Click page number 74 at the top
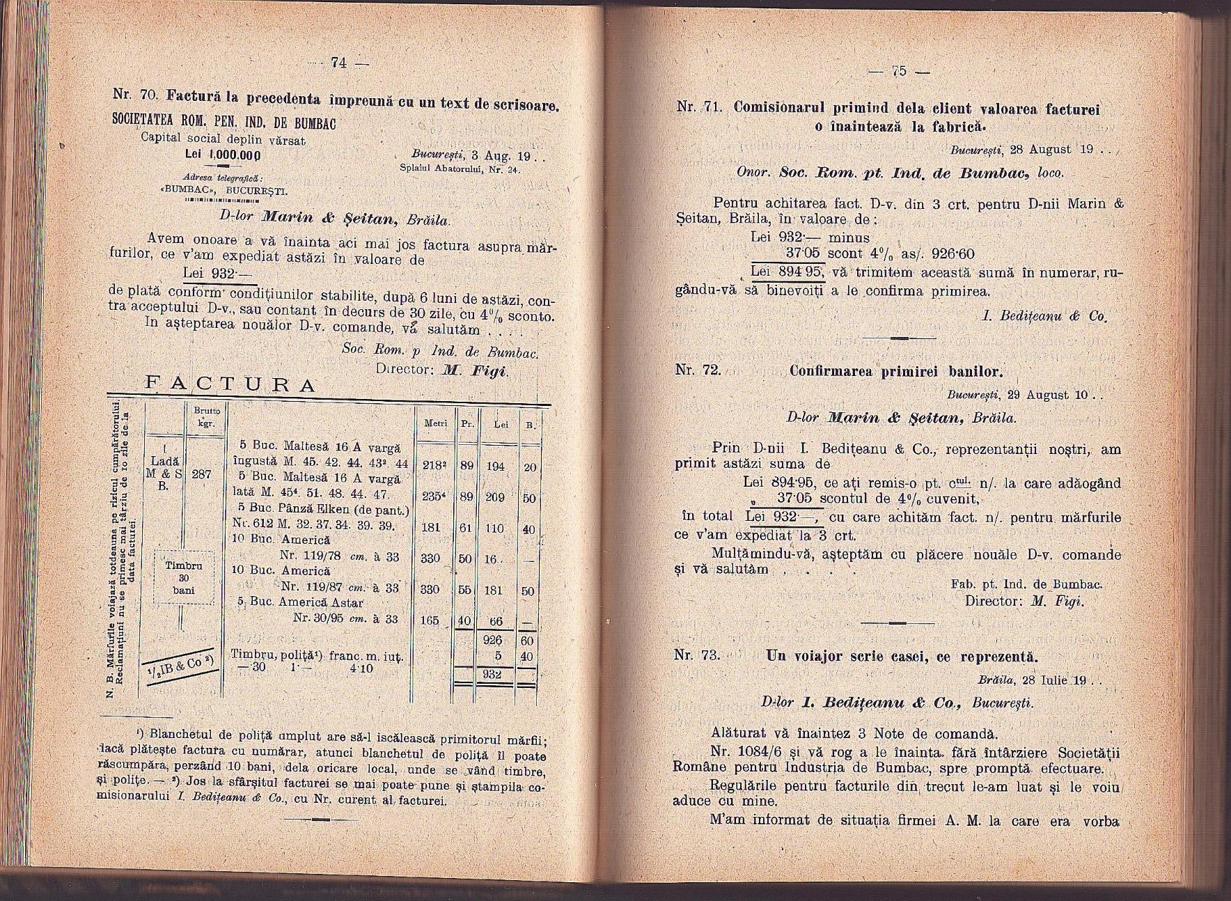point(339,63)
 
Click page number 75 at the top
point(899,70)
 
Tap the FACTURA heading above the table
point(229,385)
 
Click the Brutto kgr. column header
point(202,417)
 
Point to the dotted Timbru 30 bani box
point(184,577)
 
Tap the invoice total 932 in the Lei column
point(494,675)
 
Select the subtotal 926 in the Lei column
point(494,640)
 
